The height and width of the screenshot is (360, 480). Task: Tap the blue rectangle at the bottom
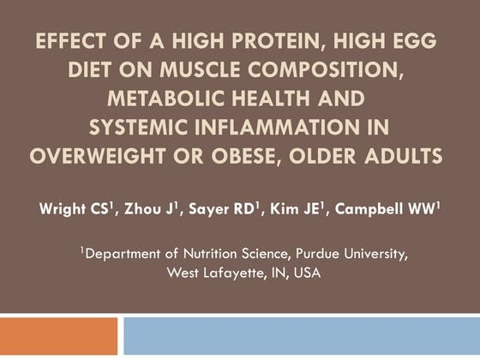click(301, 337)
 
